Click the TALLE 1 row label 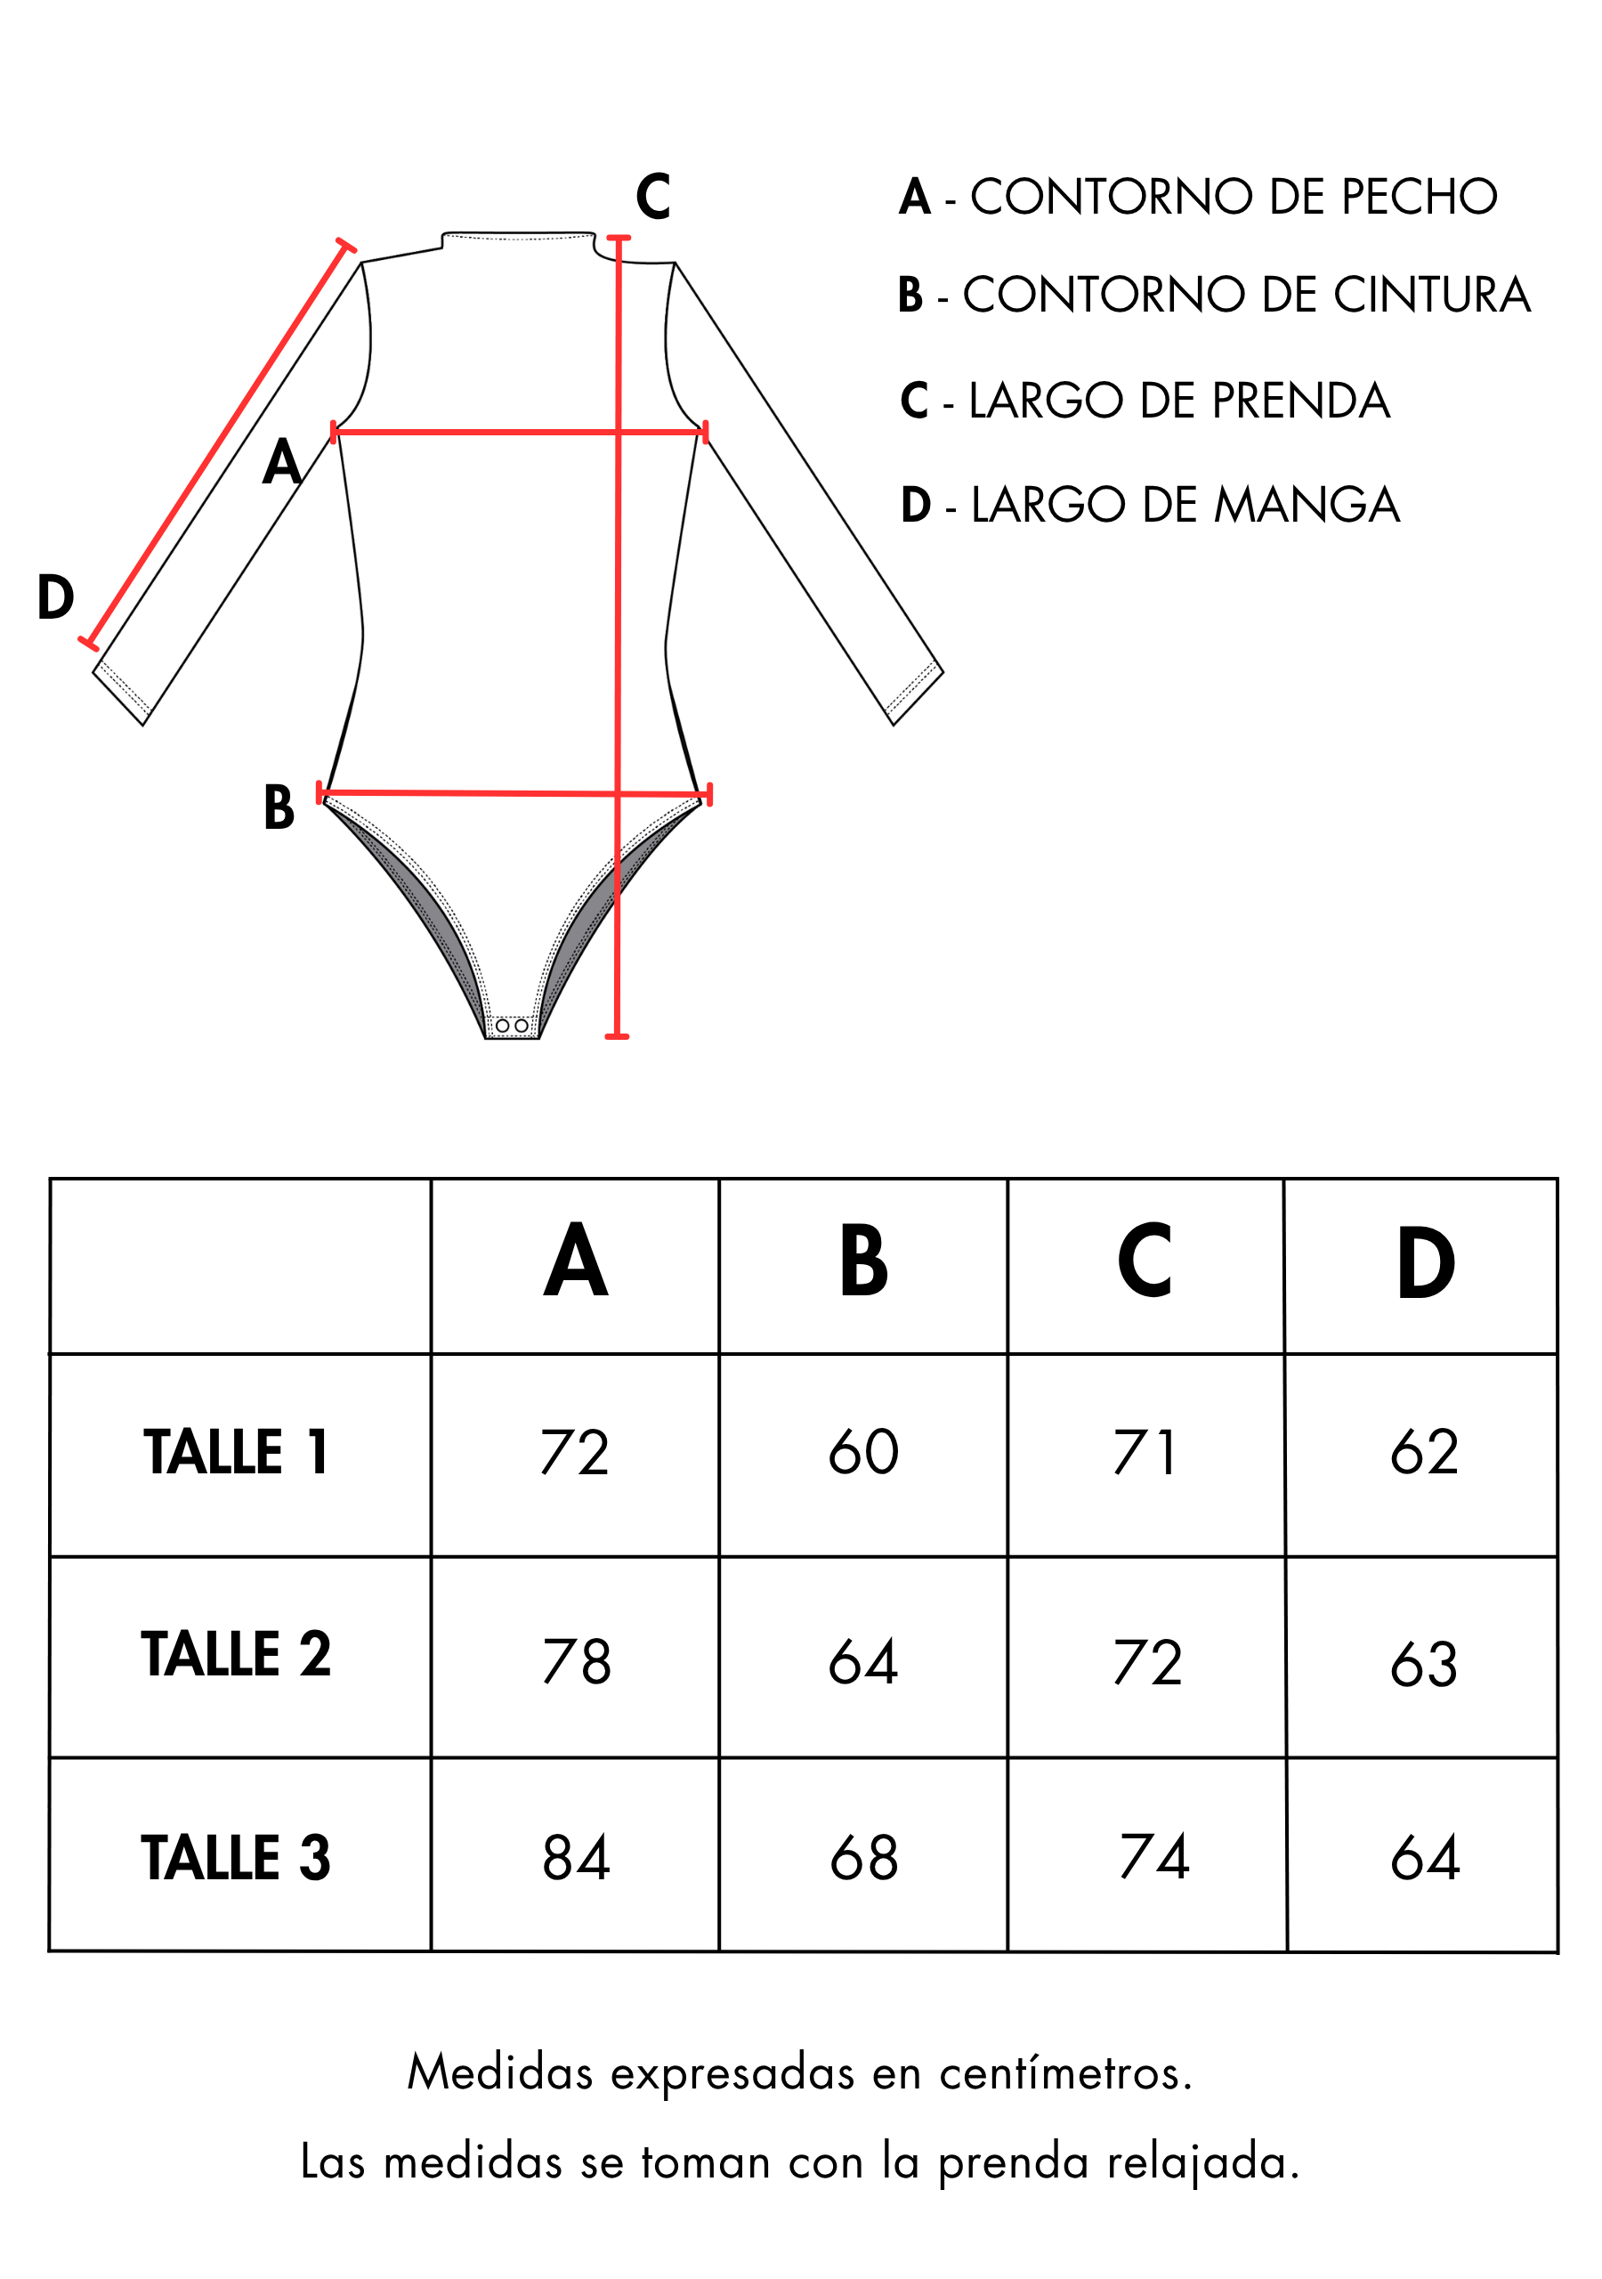click(235, 1452)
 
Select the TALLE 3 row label click(235, 1857)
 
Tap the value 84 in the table click(576, 1858)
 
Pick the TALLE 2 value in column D click(1424, 1664)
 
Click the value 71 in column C click(1145, 1452)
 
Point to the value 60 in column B click(863, 1451)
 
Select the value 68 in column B click(863, 1858)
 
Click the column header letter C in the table click(1145, 1261)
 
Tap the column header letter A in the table click(576, 1261)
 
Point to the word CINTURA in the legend click(1431, 295)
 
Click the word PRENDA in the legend click(1300, 400)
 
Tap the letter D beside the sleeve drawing click(55, 597)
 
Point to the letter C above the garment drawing click(653, 197)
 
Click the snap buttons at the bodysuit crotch click(511, 1026)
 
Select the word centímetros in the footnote click(1066, 2073)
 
